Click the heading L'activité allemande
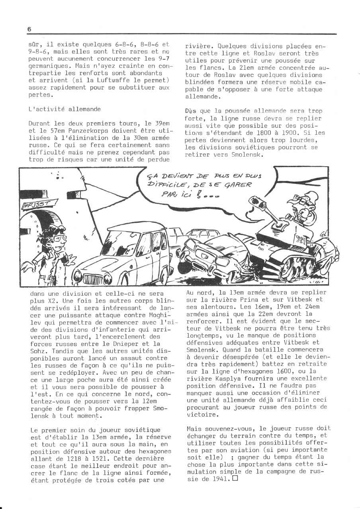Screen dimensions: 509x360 [59, 109]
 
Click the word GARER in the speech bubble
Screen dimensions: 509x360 [238, 185]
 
